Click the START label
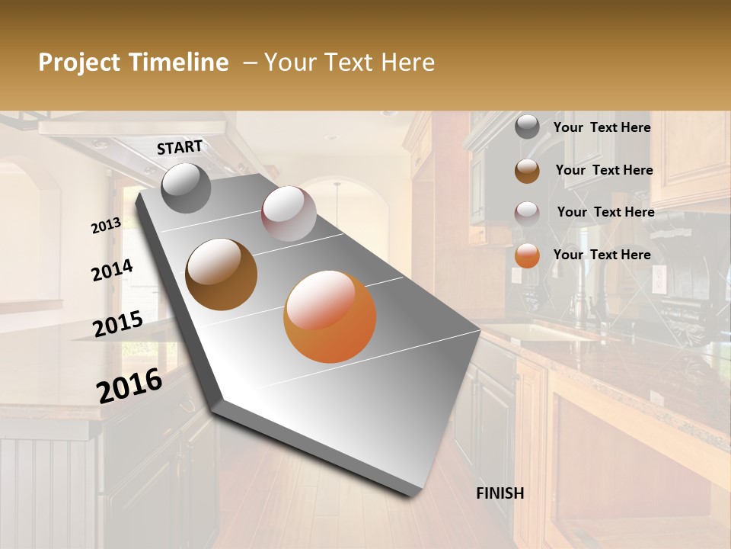[x=180, y=147]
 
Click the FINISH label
[x=500, y=493]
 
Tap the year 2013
[x=106, y=226]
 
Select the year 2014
[x=112, y=271]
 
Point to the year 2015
[x=118, y=324]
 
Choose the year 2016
[x=129, y=386]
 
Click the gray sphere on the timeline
[x=187, y=188]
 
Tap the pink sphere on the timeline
[x=289, y=213]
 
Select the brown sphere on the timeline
[x=222, y=274]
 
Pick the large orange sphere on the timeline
[x=330, y=316]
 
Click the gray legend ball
[x=527, y=127]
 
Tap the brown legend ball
[x=527, y=171]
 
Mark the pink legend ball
[x=527, y=213]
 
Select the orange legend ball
[x=527, y=255]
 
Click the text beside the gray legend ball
[x=602, y=127]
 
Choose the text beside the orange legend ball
[x=602, y=255]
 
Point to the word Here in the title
[x=407, y=63]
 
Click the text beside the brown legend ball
[x=604, y=170]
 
